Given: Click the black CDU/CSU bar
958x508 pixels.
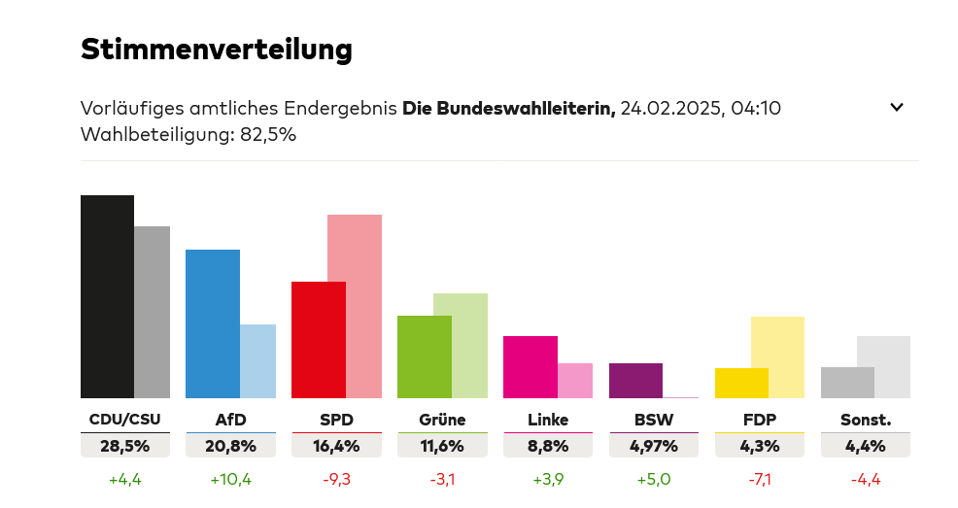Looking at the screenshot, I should (x=107, y=296).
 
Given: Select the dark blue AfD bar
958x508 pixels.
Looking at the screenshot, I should (x=212, y=323).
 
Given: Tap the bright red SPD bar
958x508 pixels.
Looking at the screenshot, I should (x=318, y=339).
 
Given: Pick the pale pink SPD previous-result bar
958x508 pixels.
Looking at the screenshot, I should (x=355, y=305).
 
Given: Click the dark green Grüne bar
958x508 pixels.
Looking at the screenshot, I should (x=424, y=356).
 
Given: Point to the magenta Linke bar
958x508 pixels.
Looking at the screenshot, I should (x=530, y=366).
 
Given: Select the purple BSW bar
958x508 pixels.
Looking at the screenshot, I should (x=635, y=380).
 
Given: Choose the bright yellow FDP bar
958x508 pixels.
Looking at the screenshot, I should (x=741, y=383).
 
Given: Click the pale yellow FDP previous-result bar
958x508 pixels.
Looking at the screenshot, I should (x=777, y=356).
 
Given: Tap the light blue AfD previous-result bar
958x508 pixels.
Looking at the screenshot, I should (x=257, y=360).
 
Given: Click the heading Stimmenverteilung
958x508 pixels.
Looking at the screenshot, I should (x=216, y=49).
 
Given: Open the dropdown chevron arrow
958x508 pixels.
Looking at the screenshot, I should (x=897, y=108).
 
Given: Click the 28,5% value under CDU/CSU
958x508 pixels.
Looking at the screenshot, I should (x=124, y=447).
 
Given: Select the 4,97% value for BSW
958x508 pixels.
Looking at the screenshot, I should (x=653, y=447).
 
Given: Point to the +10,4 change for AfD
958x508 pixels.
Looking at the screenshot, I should (x=230, y=479).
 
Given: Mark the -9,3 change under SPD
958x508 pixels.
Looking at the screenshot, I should (x=336, y=479).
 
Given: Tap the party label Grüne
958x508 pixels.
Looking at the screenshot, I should (x=442, y=420).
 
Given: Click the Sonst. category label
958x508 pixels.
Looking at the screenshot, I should (x=865, y=420).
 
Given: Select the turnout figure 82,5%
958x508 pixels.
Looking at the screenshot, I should (x=266, y=135).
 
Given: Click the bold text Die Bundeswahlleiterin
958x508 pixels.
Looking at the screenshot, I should (x=508, y=108).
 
